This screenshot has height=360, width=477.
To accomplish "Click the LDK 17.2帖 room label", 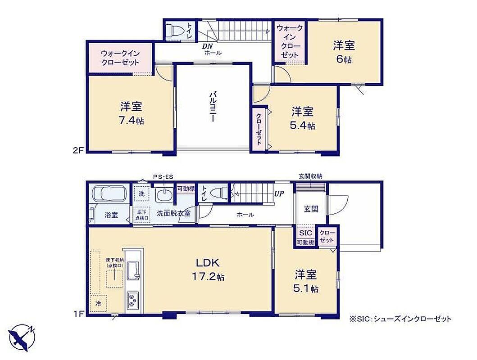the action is [208, 270].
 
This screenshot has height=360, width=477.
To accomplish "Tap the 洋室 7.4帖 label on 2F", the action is [131, 113].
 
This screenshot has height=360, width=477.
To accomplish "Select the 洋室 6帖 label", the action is [344, 52].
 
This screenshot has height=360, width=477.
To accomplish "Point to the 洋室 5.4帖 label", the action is [302, 118].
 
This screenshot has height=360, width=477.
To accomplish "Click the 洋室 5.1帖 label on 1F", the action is [306, 281].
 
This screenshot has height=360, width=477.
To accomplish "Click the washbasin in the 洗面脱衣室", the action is [164, 194].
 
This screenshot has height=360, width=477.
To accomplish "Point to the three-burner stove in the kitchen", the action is [132, 300].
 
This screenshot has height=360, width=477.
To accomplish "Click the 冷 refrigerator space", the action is [98, 303].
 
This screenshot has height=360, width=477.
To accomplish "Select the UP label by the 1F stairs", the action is [279, 193].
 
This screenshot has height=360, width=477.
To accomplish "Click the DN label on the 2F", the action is [208, 46].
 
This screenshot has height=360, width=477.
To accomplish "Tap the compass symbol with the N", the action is [22, 337].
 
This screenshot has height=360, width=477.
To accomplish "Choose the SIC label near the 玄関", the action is [306, 233].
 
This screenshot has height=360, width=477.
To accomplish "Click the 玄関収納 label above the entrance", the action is [310, 176].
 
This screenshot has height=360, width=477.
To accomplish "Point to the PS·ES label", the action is [163, 177].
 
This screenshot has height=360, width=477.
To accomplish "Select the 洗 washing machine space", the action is [142, 194].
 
